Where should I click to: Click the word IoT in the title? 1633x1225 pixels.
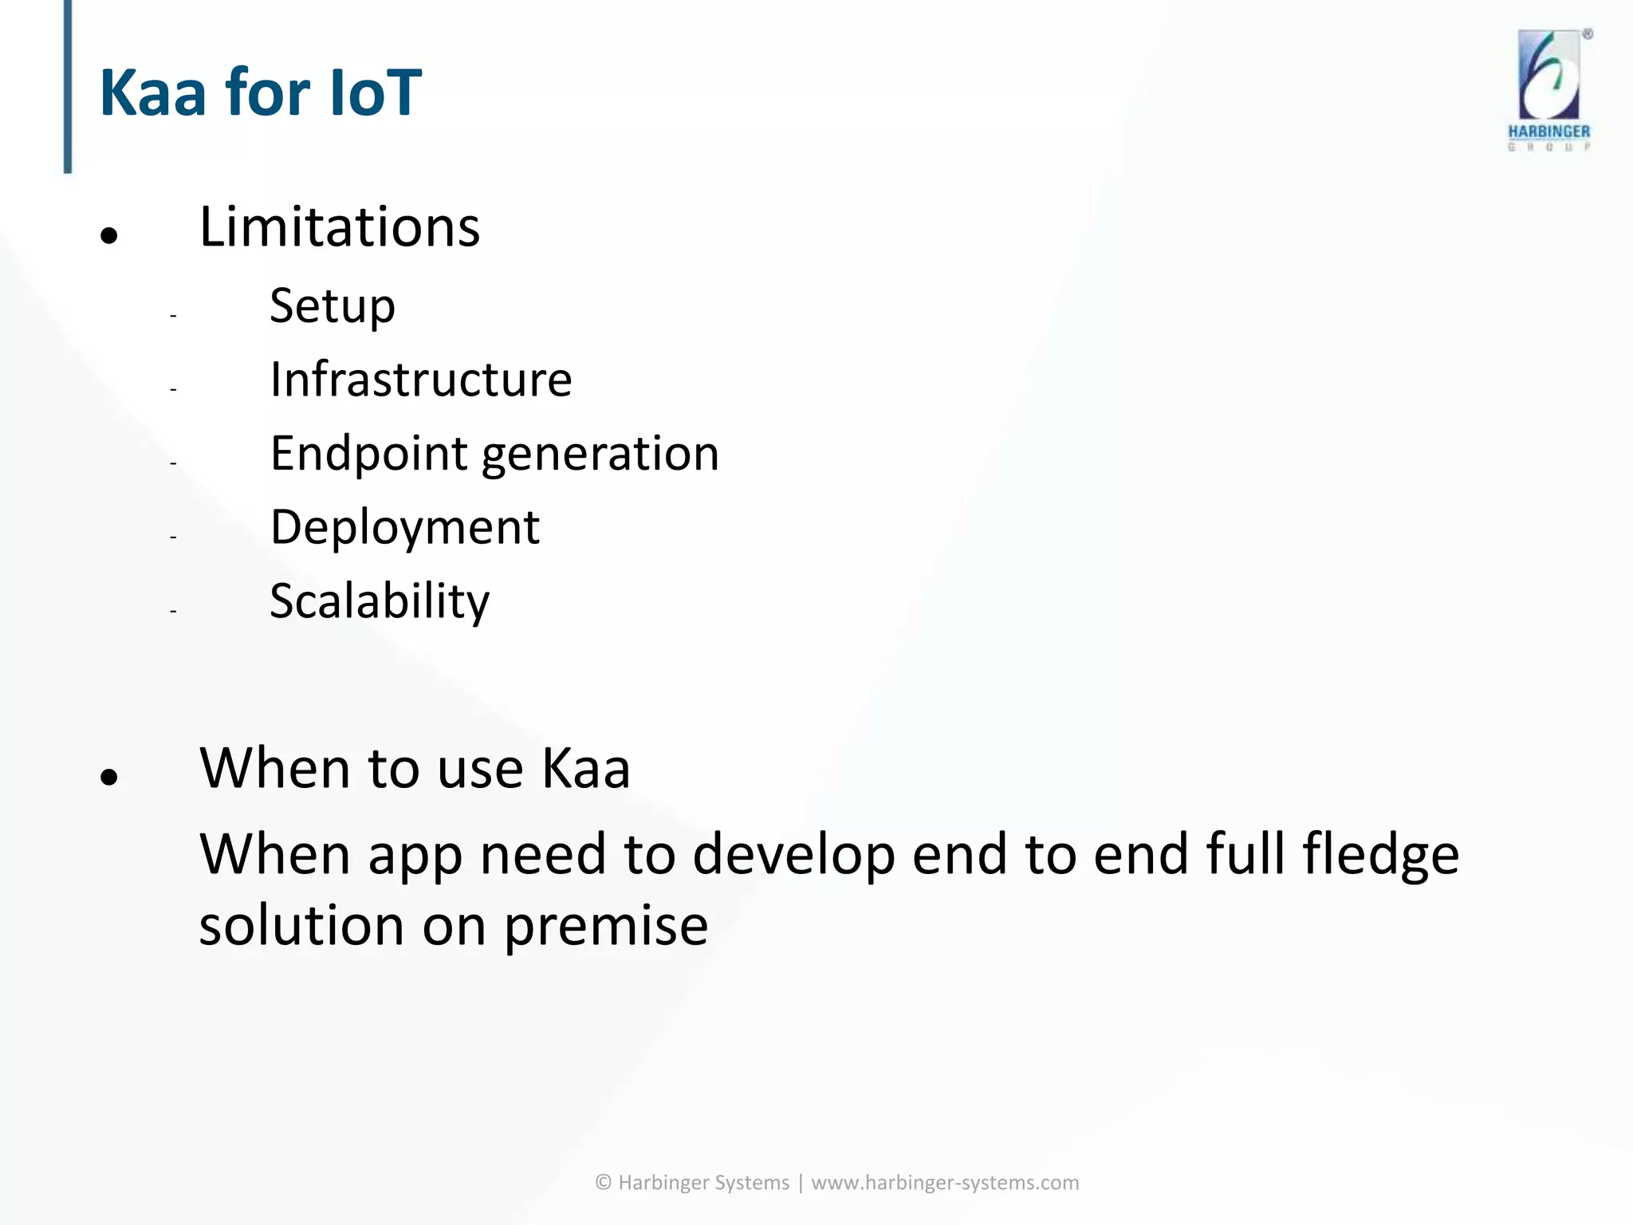374,93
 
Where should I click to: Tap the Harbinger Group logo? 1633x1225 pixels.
1548,89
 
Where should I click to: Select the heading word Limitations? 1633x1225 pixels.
339,227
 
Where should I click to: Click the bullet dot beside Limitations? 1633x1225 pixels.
109,235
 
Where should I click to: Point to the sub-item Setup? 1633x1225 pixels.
332,306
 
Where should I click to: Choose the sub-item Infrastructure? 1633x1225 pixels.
420,380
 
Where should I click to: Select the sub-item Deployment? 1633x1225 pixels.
404,527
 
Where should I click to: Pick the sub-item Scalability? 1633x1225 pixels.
379,601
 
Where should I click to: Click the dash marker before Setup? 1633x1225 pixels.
172,316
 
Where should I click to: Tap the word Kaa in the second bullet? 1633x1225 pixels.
585,769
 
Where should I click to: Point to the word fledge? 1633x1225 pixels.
1380,855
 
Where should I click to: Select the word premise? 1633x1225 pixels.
605,927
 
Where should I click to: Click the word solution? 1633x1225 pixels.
301,927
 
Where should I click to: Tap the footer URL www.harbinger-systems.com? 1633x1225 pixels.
944,1183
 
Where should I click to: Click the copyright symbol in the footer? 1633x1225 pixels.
604,1183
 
